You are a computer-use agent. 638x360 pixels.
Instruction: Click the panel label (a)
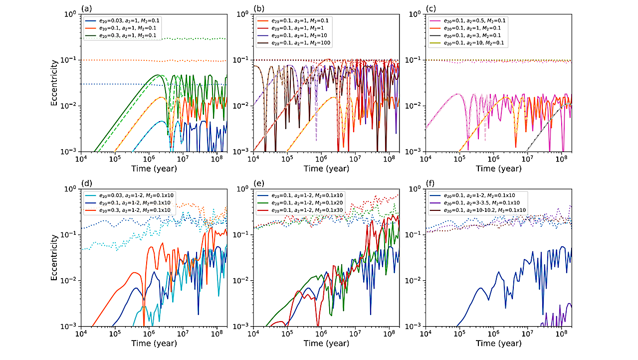tap(86, 8)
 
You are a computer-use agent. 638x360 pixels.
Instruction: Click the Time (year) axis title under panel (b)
tap(327, 169)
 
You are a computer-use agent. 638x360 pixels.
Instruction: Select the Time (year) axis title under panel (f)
tap(498, 344)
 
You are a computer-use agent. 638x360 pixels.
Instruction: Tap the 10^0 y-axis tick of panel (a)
tap(71, 14)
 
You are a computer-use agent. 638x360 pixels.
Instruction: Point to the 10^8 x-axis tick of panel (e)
tap(389, 334)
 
